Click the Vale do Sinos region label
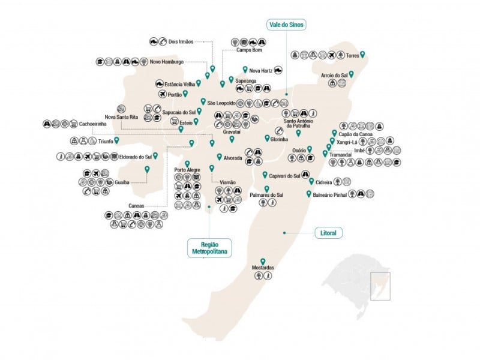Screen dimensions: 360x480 coord(286,25)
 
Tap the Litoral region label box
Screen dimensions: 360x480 coord(328,232)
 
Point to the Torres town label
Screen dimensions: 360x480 coord(352,55)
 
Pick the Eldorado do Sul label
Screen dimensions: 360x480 coord(136,157)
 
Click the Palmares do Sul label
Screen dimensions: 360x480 coord(266,195)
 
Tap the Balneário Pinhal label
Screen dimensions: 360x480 coord(332,194)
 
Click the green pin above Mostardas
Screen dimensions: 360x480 coord(263,260)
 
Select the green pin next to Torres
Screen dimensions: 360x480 coord(362,55)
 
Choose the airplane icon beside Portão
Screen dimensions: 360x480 coord(161,94)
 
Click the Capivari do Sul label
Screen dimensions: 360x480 coord(285,176)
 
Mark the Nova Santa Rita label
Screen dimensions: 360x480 coord(122,117)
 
